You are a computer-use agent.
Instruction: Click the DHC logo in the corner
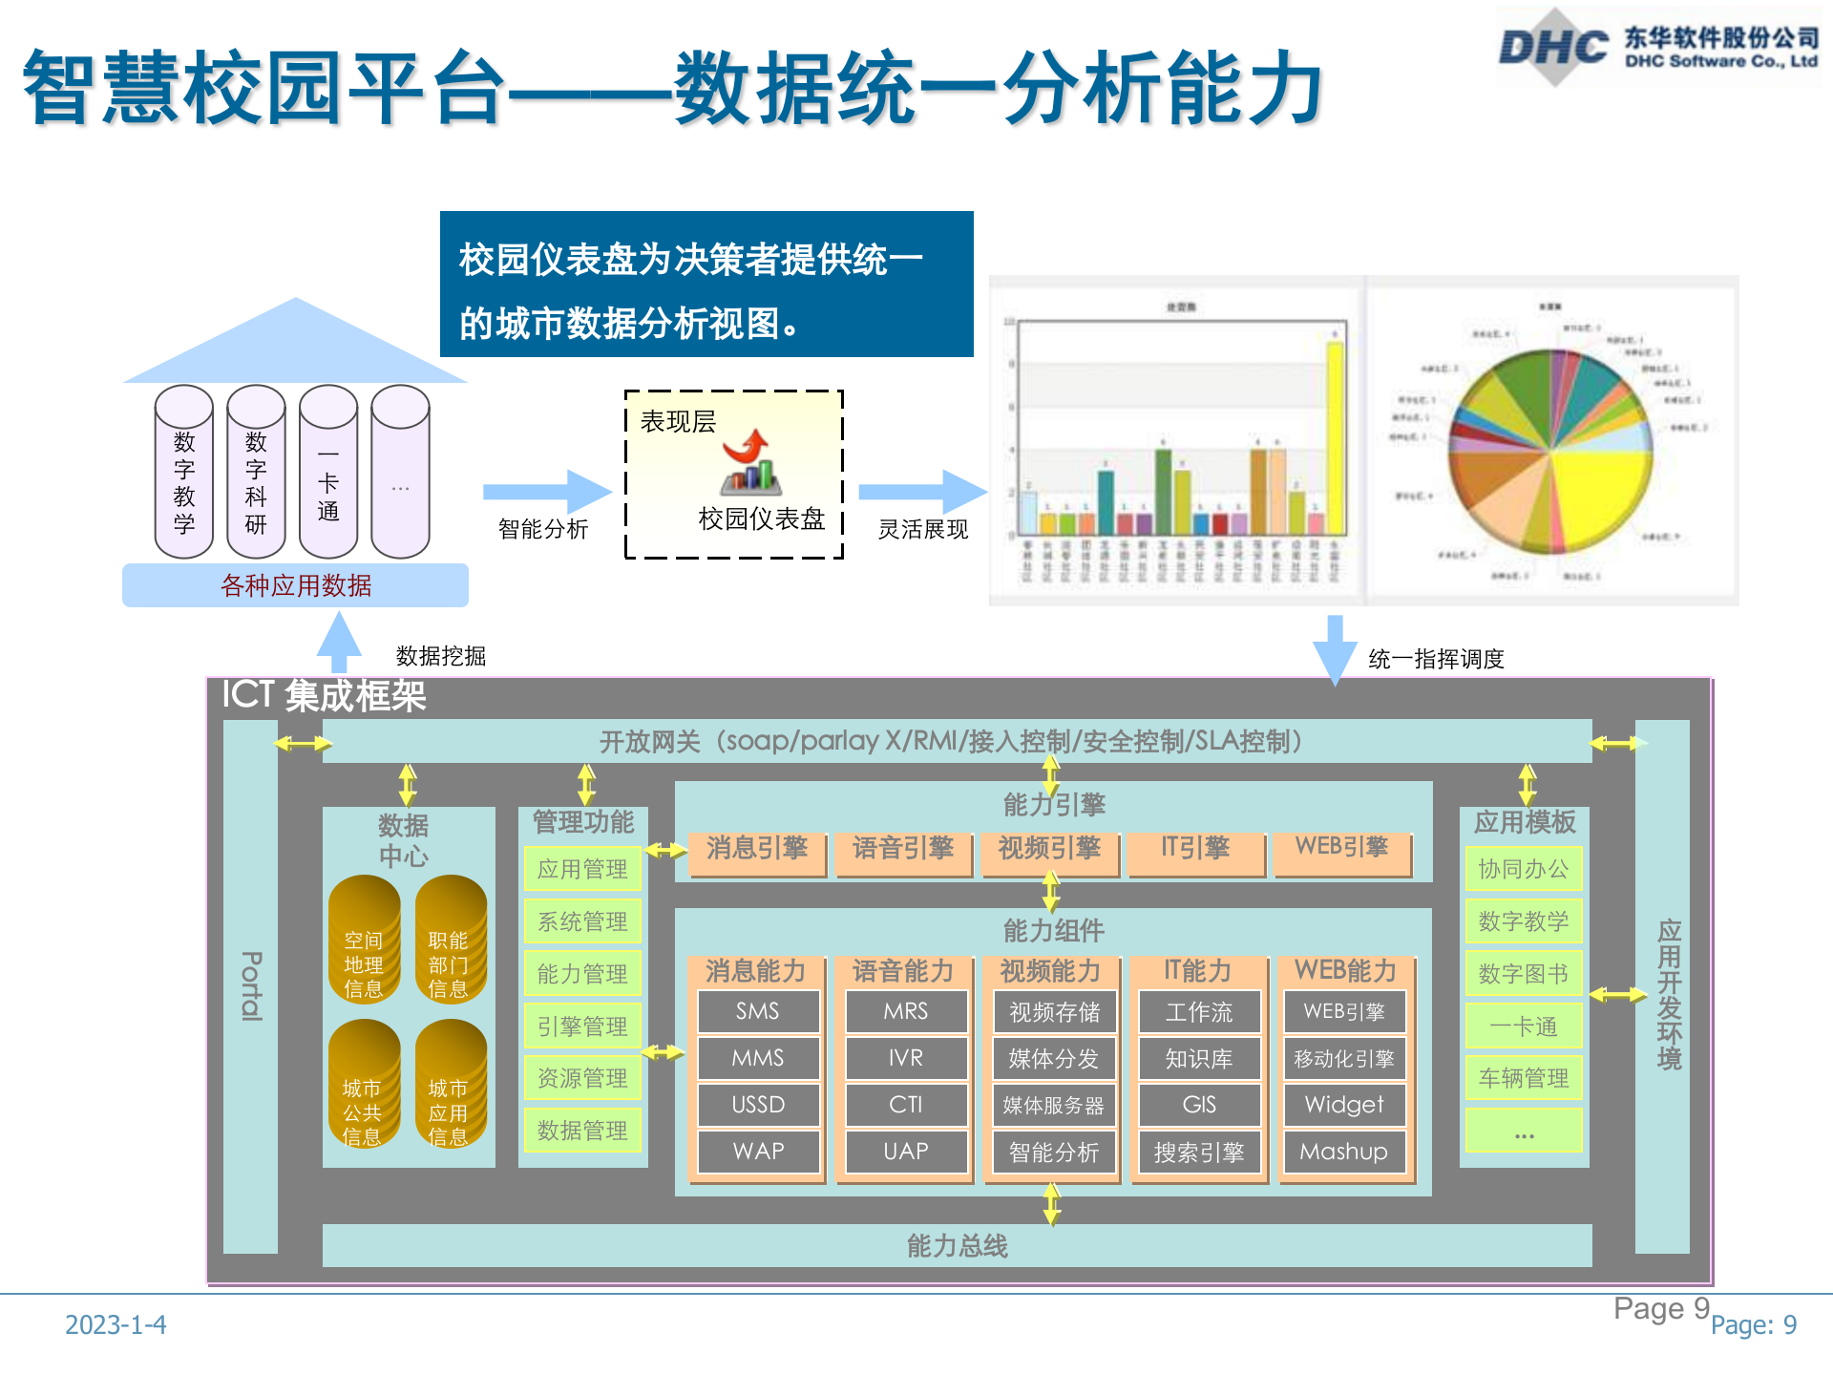click(x=1554, y=46)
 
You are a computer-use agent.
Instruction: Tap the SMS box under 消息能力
click(x=758, y=1011)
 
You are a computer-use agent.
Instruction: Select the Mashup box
click(x=1343, y=1152)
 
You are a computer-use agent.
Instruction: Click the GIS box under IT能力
click(x=1199, y=1105)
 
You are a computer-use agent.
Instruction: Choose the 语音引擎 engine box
click(x=903, y=849)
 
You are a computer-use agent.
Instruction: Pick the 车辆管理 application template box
click(x=1524, y=1078)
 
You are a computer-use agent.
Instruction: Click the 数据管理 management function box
click(x=582, y=1131)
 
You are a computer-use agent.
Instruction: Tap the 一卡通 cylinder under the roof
click(x=327, y=471)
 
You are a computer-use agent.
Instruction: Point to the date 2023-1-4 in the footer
click(x=116, y=1324)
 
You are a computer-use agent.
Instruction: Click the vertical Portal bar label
click(x=250, y=985)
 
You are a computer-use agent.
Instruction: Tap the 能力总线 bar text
click(x=957, y=1246)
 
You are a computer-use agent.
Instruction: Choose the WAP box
click(x=758, y=1152)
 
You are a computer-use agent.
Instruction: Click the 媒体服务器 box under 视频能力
click(x=1053, y=1106)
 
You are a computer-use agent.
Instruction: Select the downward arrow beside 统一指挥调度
click(x=1335, y=649)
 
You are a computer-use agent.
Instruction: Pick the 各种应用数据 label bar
click(x=296, y=585)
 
